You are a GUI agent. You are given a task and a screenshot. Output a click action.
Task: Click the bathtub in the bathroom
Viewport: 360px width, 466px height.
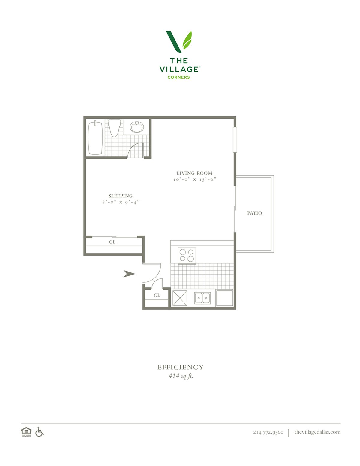pyautogui.click(x=95, y=137)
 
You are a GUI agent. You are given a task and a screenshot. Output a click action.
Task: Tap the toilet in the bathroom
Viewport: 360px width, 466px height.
pyautogui.click(x=114, y=128)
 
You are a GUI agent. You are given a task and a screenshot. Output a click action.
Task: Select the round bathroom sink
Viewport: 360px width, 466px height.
pyautogui.click(x=136, y=127)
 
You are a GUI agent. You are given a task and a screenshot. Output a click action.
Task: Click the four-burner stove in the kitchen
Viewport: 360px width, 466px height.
pyautogui.click(x=187, y=255)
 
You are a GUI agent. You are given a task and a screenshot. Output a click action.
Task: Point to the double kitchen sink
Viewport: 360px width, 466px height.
pyautogui.click(x=202, y=298)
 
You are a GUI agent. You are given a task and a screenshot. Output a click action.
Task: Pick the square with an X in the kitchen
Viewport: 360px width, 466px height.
pyautogui.click(x=180, y=298)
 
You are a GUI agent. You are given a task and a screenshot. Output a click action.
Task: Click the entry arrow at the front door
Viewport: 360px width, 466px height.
pyautogui.click(x=129, y=274)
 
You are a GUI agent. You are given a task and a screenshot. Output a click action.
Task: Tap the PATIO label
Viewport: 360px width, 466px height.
pyautogui.click(x=254, y=213)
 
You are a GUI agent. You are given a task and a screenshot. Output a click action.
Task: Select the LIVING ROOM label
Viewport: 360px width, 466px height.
pyautogui.click(x=194, y=173)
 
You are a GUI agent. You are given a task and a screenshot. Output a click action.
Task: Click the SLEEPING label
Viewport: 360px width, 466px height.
pyautogui.click(x=121, y=196)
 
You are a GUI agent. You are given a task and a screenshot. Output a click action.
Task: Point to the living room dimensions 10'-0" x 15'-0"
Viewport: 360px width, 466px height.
pyautogui.click(x=195, y=179)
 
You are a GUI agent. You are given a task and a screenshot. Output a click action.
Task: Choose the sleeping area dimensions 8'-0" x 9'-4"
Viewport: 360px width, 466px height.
pyautogui.click(x=121, y=202)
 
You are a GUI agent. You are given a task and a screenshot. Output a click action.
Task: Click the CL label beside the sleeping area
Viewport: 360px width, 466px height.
pyautogui.click(x=112, y=242)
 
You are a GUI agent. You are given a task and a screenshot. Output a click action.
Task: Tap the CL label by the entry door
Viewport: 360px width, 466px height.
pyautogui.click(x=157, y=296)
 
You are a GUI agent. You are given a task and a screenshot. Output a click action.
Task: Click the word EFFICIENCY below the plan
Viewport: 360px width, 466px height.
pyautogui.click(x=180, y=367)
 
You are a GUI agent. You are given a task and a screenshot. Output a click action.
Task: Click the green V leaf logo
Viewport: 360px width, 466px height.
pyautogui.click(x=179, y=42)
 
